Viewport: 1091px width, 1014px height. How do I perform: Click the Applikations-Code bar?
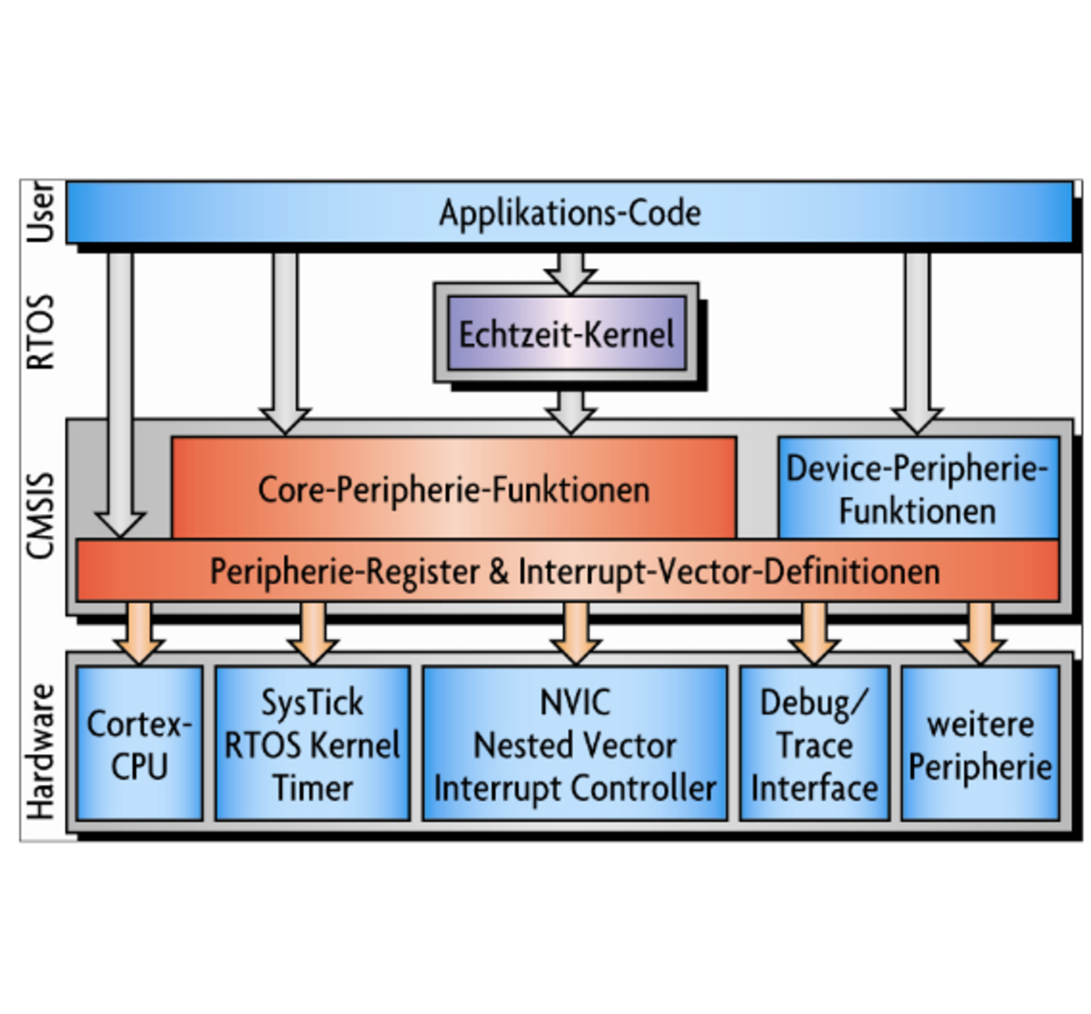pos(569,213)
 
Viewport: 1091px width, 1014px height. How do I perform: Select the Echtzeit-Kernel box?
pos(567,333)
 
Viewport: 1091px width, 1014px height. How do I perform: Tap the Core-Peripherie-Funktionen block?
pos(453,489)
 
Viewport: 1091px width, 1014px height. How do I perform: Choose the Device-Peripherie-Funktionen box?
pos(918,489)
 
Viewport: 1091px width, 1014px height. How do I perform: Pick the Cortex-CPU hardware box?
pos(140,744)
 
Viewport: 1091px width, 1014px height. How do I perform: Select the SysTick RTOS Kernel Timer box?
pos(312,744)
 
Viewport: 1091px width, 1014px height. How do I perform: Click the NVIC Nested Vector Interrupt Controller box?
pos(575,744)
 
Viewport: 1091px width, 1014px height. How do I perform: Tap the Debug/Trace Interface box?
pos(814,744)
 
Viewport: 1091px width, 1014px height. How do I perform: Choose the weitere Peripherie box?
pos(980,744)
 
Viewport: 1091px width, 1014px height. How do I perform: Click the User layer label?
pos(41,212)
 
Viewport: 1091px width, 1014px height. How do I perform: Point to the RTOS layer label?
pos(41,332)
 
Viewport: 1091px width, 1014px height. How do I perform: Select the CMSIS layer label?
pos(41,516)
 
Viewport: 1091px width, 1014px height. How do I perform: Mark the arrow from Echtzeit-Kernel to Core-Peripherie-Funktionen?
pos(570,411)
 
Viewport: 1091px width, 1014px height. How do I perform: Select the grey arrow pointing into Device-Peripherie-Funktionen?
pos(917,341)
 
